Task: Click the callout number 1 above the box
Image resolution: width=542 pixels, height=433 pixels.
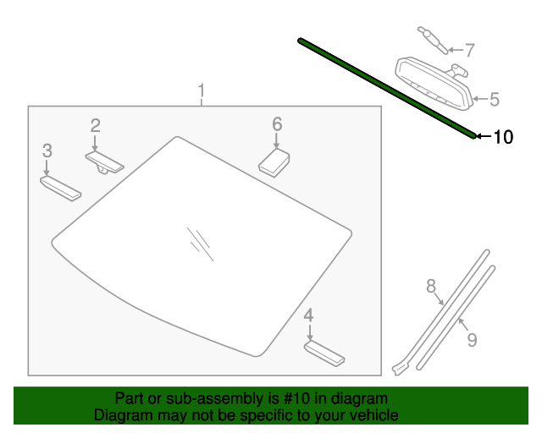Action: (202, 90)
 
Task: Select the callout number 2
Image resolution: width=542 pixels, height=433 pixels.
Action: (96, 126)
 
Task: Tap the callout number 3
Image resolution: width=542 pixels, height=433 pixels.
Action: (47, 151)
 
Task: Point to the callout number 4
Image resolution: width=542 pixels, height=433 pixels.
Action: (308, 315)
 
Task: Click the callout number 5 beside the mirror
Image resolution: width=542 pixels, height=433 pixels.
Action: (495, 99)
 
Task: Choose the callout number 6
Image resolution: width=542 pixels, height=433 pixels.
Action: (277, 124)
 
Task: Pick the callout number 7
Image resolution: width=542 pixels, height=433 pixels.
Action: (469, 50)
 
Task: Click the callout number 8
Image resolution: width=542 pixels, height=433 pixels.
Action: (431, 286)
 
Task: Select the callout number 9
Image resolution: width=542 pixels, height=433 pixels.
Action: (473, 339)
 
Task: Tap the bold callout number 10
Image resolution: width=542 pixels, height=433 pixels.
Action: (504, 137)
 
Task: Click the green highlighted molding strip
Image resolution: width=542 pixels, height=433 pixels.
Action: (387, 89)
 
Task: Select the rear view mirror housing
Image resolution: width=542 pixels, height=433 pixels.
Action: (434, 84)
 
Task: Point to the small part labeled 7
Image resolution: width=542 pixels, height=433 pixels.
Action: (433, 40)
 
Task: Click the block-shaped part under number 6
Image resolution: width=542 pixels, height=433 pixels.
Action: (274, 162)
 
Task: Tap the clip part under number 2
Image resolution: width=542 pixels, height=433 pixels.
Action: (104, 162)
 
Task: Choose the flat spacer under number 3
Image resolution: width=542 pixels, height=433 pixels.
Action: (61, 189)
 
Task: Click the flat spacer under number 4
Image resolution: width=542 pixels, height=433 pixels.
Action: (324, 354)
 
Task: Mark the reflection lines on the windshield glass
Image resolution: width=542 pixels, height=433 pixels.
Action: (201, 244)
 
